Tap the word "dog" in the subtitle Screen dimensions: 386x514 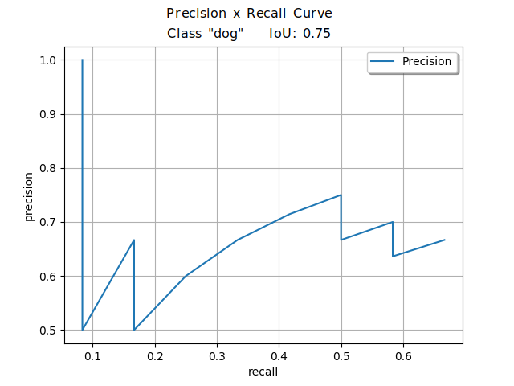(x=227, y=34)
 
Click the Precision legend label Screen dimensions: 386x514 (x=426, y=61)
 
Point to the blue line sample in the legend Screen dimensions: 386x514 (x=385, y=61)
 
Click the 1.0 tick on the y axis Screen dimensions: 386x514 (x=47, y=60)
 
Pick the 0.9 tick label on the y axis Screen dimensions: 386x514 (x=47, y=114)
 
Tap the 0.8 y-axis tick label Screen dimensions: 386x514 (x=47, y=168)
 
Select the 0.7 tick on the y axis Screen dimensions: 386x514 (x=47, y=222)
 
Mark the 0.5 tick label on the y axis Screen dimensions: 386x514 (x=47, y=330)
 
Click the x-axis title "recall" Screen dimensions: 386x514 (x=263, y=372)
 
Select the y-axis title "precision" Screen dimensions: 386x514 (x=29, y=195)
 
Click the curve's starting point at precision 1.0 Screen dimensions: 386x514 (x=83, y=60)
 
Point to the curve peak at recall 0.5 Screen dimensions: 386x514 (x=341, y=195)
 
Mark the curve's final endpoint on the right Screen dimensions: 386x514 (x=444, y=240)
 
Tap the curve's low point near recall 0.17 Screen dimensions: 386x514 (x=134, y=330)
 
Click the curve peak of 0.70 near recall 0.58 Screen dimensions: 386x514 (x=392, y=222)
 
